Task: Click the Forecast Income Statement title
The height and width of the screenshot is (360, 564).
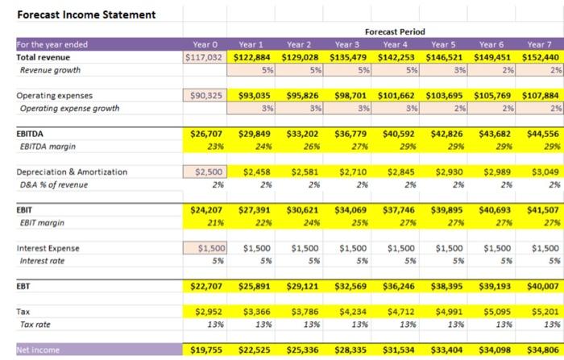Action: [x=76, y=14]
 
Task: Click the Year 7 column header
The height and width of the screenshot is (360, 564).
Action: [x=541, y=45]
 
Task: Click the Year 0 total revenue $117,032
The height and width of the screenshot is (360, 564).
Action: [x=205, y=58]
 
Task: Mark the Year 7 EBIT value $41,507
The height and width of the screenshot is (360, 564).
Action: [x=541, y=210]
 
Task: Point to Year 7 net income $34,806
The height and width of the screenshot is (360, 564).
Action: [x=541, y=351]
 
